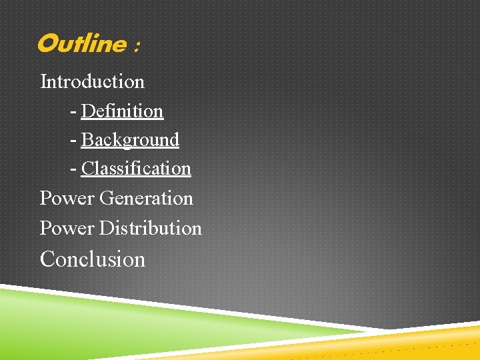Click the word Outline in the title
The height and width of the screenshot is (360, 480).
pos(81,44)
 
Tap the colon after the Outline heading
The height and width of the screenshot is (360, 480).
pos(137,47)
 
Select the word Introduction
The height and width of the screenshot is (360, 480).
pos(92,81)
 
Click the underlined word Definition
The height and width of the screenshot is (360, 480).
pos(122,111)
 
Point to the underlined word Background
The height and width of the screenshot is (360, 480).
pos(130,140)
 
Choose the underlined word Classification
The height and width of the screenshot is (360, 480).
pos(136,169)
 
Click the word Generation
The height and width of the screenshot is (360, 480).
pos(146,198)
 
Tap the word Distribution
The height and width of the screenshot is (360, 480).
pos(150,228)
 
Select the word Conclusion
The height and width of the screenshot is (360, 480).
pos(93,259)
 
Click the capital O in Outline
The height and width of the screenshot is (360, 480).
pos(47,44)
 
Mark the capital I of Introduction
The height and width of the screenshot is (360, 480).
pos(43,81)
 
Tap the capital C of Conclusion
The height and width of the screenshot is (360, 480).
pos(47,259)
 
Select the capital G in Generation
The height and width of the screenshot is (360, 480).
pos(106,198)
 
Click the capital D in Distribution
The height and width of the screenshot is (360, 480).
pos(106,228)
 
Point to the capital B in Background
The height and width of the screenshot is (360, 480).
pos(87,140)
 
